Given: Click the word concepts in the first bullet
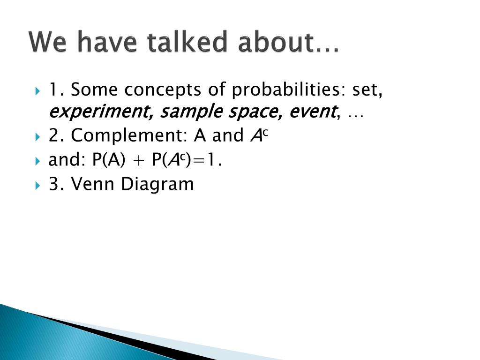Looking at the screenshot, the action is (x=163, y=90).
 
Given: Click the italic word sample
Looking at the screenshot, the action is (x=191, y=112).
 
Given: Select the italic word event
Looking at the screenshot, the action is (x=313, y=111).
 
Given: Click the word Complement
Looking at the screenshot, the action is (x=129, y=135).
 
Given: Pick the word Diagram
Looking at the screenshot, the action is (x=157, y=185).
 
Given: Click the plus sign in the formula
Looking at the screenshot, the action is (x=139, y=160).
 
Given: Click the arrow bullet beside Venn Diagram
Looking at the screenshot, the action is (x=37, y=185).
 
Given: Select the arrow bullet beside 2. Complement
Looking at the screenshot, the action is (x=37, y=136).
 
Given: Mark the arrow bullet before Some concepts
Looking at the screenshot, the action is (x=37, y=91).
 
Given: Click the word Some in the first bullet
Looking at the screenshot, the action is (x=94, y=90).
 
